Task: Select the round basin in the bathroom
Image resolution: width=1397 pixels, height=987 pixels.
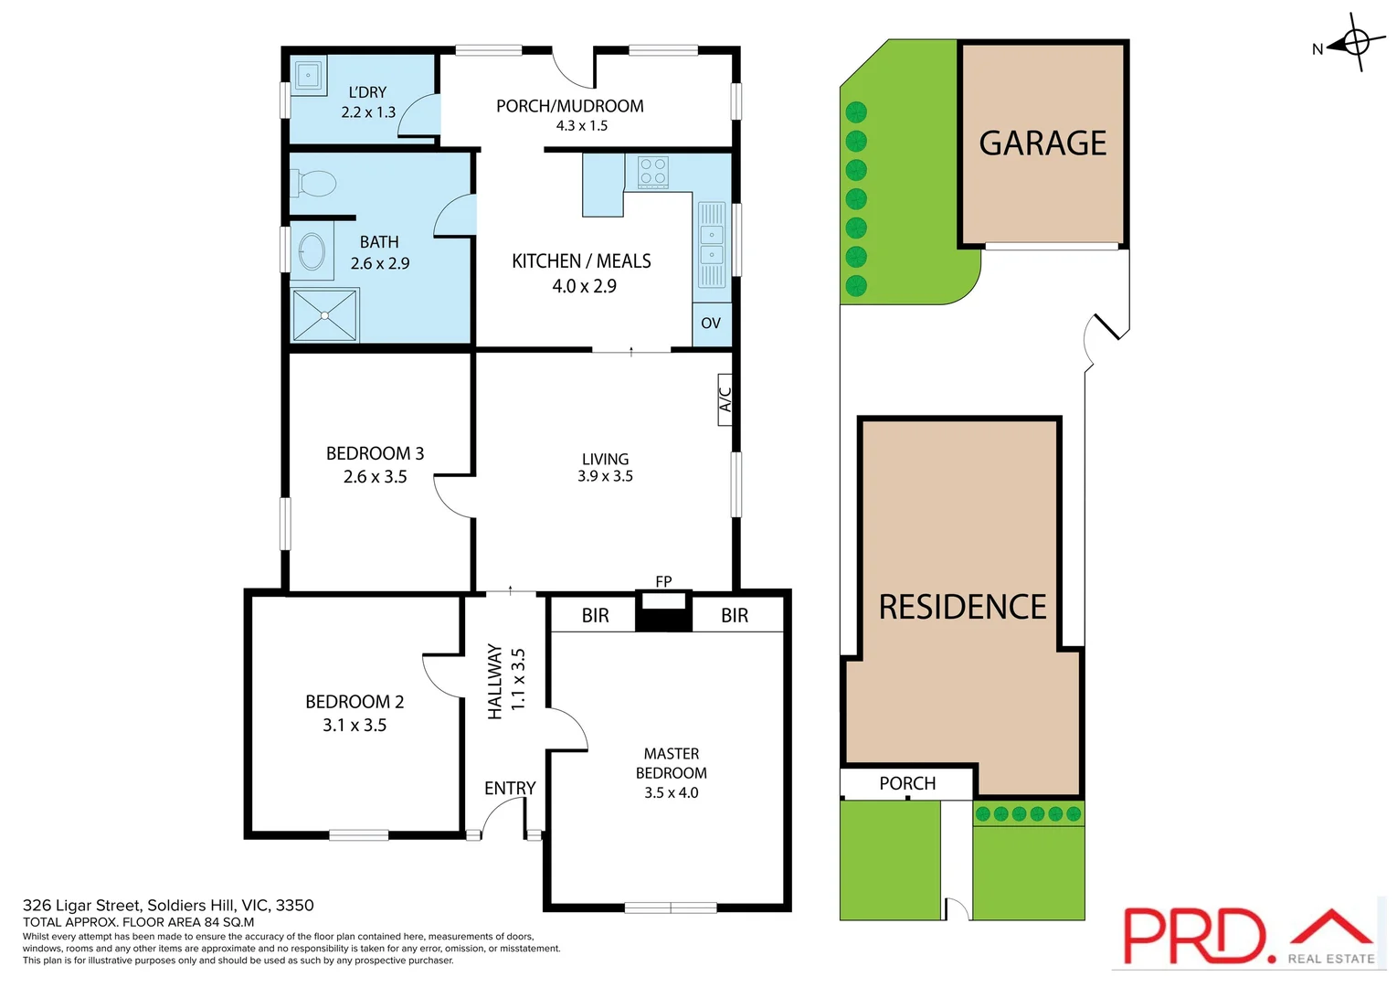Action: click(x=312, y=251)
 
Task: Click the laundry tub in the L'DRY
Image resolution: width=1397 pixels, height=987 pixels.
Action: click(x=309, y=75)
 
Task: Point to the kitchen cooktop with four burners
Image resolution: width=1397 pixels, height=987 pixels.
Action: click(x=652, y=172)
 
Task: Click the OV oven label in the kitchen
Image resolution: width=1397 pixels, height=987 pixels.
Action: click(x=711, y=324)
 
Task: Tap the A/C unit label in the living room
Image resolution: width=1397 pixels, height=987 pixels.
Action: click(x=725, y=399)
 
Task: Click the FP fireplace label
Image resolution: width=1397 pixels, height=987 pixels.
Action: click(x=663, y=581)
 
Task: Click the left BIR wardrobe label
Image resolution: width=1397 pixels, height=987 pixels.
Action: click(x=595, y=616)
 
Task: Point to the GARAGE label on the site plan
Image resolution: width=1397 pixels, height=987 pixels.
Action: click(x=1042, y=143)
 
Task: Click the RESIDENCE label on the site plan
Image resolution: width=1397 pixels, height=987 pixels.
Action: click(x=962, y=607)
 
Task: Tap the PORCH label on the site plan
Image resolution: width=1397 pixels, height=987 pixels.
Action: click(x=907, y=783)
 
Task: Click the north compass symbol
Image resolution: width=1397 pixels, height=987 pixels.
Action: click(x=1354, y=43)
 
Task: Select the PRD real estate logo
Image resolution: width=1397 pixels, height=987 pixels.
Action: click(x=1247, y=936)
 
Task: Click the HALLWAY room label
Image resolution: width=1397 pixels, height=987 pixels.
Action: click(x=495, y=681)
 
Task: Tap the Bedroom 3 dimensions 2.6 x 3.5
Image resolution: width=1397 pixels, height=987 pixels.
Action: click(x=375, y=477)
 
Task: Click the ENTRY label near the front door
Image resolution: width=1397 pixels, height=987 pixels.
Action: click(x=510, y=788)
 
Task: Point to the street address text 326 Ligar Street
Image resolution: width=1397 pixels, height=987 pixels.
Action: click(x=168, y=906)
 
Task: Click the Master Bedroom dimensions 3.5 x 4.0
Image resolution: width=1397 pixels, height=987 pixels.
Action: click(x=671, y=793)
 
